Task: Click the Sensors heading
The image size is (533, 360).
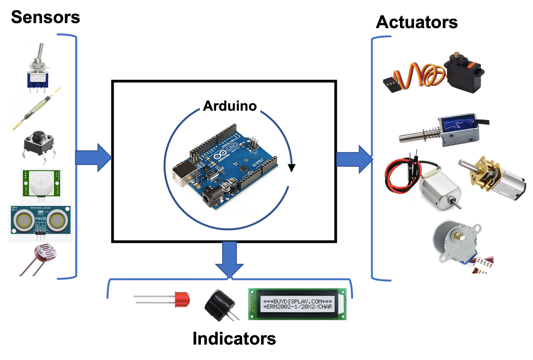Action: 45,17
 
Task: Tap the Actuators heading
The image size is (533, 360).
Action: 417,22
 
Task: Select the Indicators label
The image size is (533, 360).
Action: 234,338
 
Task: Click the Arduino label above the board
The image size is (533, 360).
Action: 230,105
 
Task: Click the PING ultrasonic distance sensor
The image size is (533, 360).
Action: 40,221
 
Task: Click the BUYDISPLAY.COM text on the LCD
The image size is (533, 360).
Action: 297,302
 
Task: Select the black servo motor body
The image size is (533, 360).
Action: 464,74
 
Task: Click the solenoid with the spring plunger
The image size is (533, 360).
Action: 443,132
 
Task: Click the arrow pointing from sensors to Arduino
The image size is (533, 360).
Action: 93,157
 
